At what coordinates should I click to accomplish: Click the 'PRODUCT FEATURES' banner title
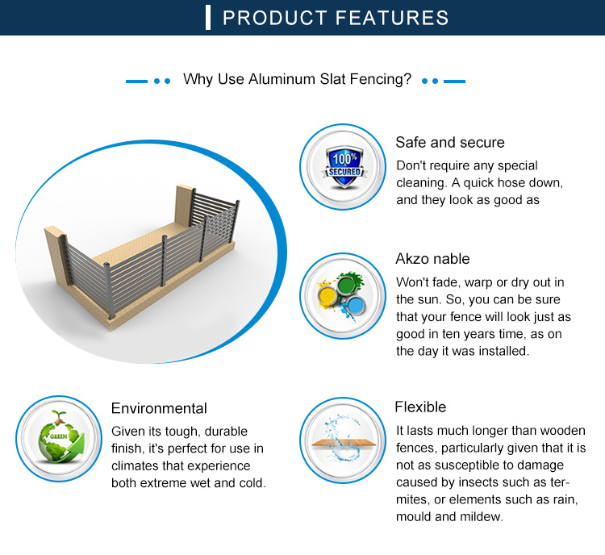click(336, 18)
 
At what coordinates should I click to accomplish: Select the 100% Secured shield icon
click(341, 167)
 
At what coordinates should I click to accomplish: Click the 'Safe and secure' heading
click(449, 143)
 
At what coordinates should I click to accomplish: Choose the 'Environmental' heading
click(159, 408)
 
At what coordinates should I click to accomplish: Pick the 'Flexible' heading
click(420, 407)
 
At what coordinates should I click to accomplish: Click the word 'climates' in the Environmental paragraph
click(137, 466)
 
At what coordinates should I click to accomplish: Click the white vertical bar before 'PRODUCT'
click(209, 18)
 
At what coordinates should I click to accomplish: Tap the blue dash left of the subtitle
click(137, 81)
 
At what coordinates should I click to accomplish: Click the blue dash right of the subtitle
click(455, 81)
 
